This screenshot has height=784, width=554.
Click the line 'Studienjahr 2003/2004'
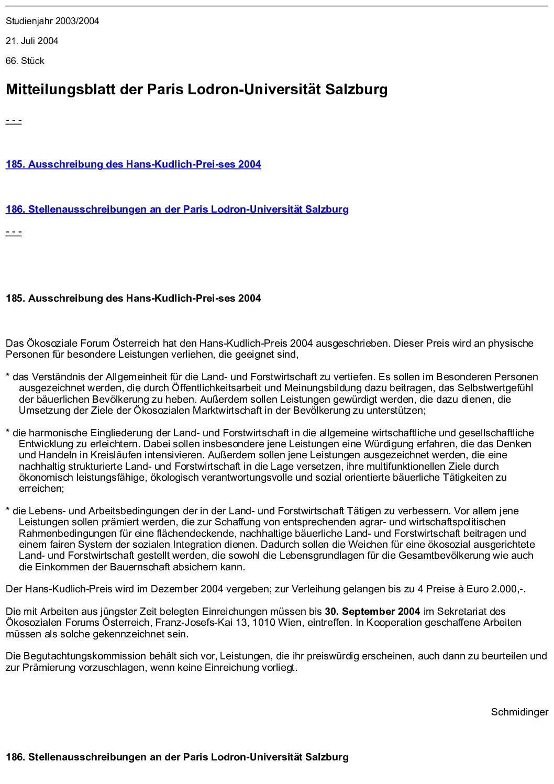pos(52,21)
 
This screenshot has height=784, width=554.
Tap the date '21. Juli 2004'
pos(32,41)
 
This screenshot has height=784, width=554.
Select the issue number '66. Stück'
pos(25,61)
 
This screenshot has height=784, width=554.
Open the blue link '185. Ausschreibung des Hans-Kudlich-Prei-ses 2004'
pos(133,164)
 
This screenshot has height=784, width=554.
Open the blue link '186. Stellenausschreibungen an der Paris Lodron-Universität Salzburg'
pos(177,209)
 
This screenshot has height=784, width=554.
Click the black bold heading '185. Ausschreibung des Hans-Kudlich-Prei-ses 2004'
pos(133,299)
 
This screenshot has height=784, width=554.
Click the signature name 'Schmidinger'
pos(519,712)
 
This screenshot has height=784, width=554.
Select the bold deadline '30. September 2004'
pos(372,612)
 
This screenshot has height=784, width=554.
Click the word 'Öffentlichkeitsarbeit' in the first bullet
pos(216,389)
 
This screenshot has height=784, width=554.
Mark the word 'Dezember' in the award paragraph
pos(171,589)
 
